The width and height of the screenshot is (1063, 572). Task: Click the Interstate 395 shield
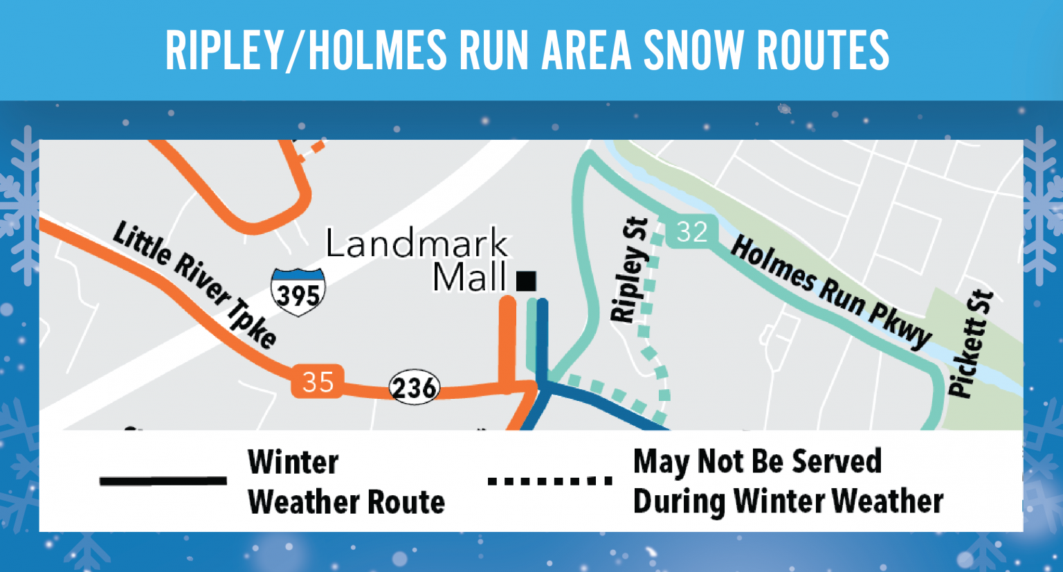(x=298, y=292)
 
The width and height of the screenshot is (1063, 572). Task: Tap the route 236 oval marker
(x=414, y=387)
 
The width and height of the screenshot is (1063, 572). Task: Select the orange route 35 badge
(x=318, y=382)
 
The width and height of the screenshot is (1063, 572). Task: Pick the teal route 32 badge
(x=691, y=231)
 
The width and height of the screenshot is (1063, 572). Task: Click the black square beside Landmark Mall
(x=526, y=280)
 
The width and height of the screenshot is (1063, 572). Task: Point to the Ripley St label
(x=630, y=270)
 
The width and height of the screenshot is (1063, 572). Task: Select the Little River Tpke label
(x=194, y=283)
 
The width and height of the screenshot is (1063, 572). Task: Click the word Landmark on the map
(x=417, y=243)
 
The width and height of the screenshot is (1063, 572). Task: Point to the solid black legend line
(x=163, y=481)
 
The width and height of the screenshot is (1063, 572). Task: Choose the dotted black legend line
(x=550, y=481)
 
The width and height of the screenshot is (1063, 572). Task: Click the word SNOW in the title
(x=694, y=50)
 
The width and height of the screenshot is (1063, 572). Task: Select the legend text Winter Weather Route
(x=345, y=482)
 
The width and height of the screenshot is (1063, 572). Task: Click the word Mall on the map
(x=470, y=278)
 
